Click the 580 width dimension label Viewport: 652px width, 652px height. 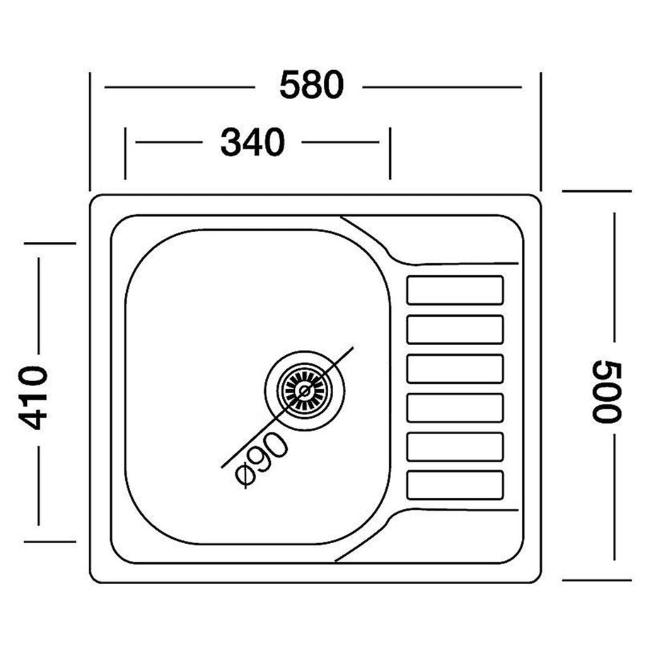[311, 85]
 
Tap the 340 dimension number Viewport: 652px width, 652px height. [252, 142]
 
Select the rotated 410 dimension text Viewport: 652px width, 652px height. [33, 398]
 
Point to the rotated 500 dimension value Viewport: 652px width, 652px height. [607, 392]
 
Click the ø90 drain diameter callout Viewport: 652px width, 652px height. [261, 459]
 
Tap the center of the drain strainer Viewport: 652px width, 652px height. [305, 390]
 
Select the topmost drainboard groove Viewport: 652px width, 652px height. [455, 290]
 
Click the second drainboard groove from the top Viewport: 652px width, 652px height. [455, 330]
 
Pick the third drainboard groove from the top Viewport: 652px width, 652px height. [455, 369]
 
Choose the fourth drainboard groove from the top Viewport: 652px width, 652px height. [455, 408]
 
